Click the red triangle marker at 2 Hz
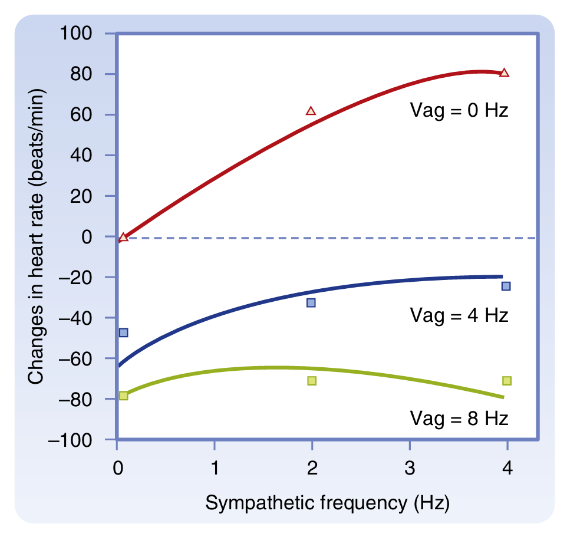(311, 111)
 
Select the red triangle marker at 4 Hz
(504, 73)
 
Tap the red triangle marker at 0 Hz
(123, 238)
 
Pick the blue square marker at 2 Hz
(311, 303)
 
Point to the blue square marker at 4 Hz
(506, 286)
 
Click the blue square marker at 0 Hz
(123, 332)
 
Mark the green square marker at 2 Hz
(312, 381)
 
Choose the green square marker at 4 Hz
(506, 381)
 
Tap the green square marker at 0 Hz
(123, 396)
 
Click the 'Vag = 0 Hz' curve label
(459, 110)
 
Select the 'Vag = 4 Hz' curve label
(459, 315)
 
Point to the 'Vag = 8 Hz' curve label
(459, 419)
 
